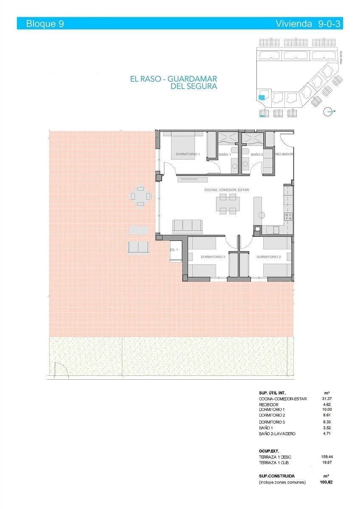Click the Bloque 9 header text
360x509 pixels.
(45, 24)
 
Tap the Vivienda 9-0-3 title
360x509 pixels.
(309, 24)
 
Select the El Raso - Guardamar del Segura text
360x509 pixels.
(174, 83)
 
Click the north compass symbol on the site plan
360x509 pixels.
(328, 112)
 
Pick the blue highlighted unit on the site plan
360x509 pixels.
(262, 97)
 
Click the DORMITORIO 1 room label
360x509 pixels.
(185, 154)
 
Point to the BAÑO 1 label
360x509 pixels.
(225, 155)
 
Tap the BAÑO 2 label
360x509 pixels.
(257, 155)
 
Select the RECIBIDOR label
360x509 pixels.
(284, 154)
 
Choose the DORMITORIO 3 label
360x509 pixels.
(213, 257)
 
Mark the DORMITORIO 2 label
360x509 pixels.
(269, 257)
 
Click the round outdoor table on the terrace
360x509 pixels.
(141, 196)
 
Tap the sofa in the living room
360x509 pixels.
(187, 226)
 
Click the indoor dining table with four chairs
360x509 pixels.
(228, 204)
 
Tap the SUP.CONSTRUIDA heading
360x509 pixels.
(276, 476)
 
